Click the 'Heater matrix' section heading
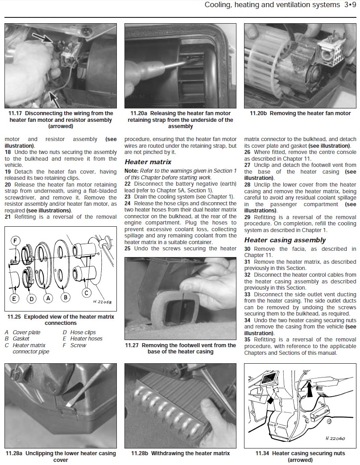(148, 162)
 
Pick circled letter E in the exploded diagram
(15, 298)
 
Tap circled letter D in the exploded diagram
(31, 299)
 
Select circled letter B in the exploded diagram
(66, 297)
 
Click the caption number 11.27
(133, 345)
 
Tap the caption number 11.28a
(15, 453)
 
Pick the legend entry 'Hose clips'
(83, 332)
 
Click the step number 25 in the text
(128, 249)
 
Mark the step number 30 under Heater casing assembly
(248, 249)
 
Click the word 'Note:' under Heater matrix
(132, 171)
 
